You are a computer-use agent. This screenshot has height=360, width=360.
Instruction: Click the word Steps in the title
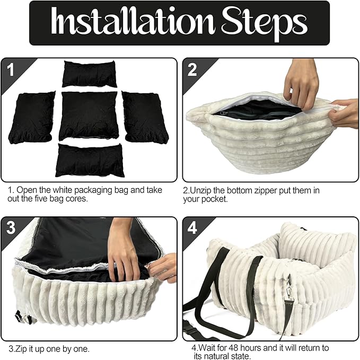tap(264, 23)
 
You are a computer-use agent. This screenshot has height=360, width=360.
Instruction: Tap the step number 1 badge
tap(11, 69)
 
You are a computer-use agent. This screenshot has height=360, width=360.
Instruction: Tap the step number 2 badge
tap(192, 69)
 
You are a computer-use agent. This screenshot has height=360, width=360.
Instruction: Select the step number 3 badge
tap(11, 228)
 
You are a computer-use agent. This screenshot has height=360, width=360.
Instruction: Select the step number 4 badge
tap(192, 228)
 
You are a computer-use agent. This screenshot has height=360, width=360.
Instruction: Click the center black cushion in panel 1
tap(89, 116)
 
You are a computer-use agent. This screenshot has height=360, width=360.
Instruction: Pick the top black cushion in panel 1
tap(89, 74)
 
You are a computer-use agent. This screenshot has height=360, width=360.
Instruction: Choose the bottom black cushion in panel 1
tap(90, 160)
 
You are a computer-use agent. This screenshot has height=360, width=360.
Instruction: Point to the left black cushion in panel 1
tap(32, 118)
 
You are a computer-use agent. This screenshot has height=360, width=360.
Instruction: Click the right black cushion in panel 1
tap(145, 117)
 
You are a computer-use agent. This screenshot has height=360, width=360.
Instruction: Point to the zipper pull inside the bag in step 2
tap(223, 113)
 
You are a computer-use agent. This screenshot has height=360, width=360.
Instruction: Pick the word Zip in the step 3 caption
tap(20, 349)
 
